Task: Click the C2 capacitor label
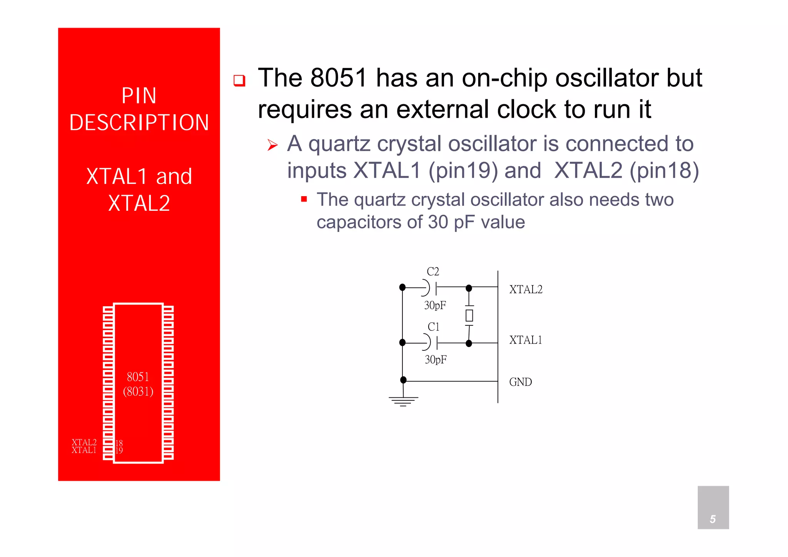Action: click(433, 272)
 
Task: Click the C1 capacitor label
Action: click(433, 327)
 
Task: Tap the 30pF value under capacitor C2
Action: click(435, 305)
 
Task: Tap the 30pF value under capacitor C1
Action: click(436, 360)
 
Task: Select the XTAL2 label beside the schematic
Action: click(526, 290)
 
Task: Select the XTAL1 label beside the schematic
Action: click(526, 340)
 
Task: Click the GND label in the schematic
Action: click(520, 382)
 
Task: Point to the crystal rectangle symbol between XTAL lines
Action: click(469, 315)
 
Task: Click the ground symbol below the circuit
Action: click(403, 401)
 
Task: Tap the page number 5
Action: click(713, 519)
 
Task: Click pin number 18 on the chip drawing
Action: click(119, 443)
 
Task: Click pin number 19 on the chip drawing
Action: click(119, 450)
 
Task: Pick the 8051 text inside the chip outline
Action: click(138, 377)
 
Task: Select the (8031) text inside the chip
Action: click(138, 392)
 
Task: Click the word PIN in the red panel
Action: click(139, 96)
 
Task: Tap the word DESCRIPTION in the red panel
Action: click(139, 123)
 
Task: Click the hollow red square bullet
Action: click(239, 80)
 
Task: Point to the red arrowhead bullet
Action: click(272, 145)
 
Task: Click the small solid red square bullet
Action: click(304, 199)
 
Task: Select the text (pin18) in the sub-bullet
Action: click(664, 170)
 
